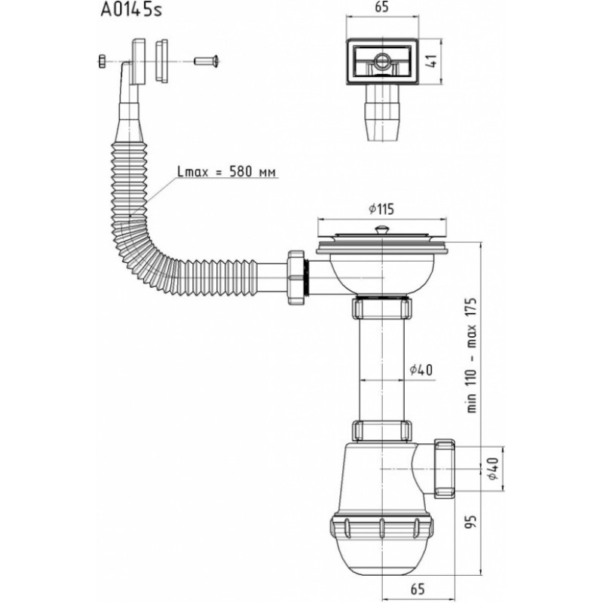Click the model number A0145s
131,10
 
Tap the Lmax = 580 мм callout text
227,171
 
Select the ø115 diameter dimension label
381,209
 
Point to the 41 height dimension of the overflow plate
432,61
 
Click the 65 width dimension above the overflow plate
381,8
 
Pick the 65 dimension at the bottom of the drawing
418,589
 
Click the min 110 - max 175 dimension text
472,355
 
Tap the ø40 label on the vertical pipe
421,370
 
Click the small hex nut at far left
102,61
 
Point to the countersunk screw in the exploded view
207,61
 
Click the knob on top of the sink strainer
381,229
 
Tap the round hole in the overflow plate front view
381,60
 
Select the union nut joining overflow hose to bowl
297,277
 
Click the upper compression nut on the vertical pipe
382,308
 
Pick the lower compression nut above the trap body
382,430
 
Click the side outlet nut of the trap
445,468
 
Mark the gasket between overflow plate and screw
161,60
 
